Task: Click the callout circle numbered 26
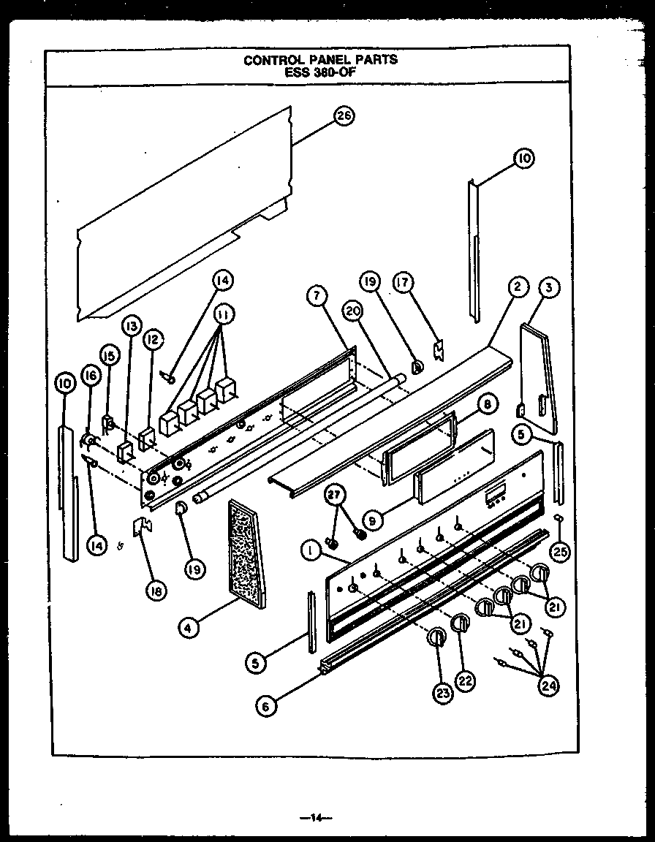(x=344, y=116)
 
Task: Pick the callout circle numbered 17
(x=403, y=283)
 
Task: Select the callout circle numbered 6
(x=268, y=705)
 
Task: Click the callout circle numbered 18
(x=154, y=592)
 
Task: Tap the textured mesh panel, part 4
(x=247, y=554)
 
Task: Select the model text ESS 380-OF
(x=320, y=72)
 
